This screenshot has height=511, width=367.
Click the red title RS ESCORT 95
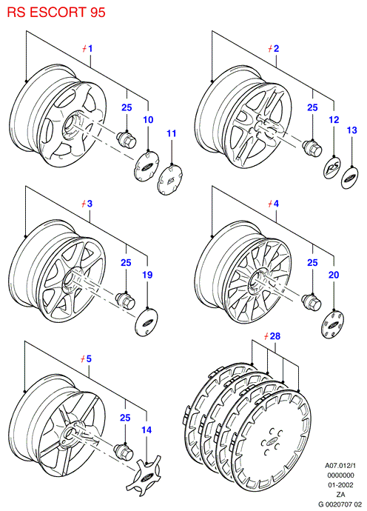tap(56, 12)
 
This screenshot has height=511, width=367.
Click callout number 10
tap(148, 119)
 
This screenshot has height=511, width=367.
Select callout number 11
tap(171, 133)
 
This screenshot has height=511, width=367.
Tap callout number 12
tap(334, 119)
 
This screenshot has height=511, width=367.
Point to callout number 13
tap(351, 130)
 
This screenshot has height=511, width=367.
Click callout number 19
tap(147, 275)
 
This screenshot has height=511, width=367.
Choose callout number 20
tap(334, 275)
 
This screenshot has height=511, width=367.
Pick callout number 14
tap(147, 430)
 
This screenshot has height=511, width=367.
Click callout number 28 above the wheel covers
tap(275, 335)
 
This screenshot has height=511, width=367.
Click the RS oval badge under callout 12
tap(331, 168)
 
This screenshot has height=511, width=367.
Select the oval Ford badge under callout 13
tap(350, 178)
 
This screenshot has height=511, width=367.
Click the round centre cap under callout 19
tap(147, 322)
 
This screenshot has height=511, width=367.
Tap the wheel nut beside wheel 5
tap(125, 451)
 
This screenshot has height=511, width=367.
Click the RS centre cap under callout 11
tap(169, 180)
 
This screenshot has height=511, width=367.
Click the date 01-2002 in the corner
tap(340, 485)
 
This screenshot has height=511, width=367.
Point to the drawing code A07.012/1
tap(340, 465)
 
